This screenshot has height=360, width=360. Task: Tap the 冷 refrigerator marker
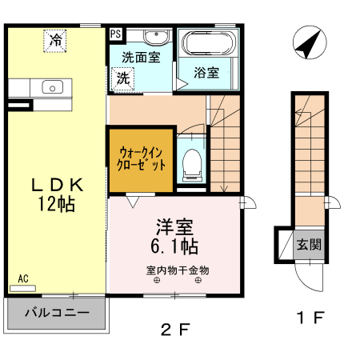click(x=56, y=40)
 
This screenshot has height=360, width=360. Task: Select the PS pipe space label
click(x=116, y=34)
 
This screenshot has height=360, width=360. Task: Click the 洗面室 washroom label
click(x=142, y=58)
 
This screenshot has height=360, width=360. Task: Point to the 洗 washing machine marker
click(x=123, y=78)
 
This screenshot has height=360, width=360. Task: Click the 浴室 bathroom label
click(x=207, y=73)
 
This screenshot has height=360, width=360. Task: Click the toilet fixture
click(x=191, y=162)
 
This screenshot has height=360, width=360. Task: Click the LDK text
click(x=57, y=184)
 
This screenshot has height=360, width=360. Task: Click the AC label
click(x=23, y=278)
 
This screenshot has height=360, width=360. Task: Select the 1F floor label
click(x=310, y=318)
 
